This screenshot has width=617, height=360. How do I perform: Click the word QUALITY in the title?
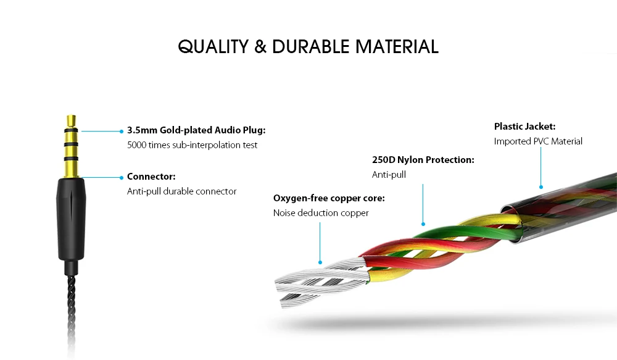click(213, 46)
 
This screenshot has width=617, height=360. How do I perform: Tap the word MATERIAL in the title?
click(397, 46)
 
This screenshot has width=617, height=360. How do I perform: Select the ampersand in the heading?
click(260, 46)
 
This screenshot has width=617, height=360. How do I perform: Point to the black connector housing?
click(71, 219)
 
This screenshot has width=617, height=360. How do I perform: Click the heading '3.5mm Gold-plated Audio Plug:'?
click(196, 130)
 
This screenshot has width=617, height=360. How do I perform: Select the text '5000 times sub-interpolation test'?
click(192, 145)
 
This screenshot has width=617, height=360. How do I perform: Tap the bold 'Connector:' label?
click(151, 177)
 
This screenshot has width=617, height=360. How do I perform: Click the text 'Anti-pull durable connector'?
click(182, 191)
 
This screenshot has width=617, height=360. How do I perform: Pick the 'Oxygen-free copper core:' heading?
click(329, 198)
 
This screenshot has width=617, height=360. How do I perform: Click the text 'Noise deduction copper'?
click(321, 212)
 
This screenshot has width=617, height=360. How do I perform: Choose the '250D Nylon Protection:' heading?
click(423, 160)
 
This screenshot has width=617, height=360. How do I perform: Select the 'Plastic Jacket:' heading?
click(524, 127)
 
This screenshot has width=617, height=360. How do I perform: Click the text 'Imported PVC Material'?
click(538, 141)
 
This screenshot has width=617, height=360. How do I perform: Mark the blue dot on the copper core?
click(320, 262)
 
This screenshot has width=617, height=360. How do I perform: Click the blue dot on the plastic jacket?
click(541, 187)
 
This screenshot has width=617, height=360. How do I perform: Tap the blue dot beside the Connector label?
click(122, 178)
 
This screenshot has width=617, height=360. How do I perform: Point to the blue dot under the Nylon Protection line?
click(423, 224)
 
